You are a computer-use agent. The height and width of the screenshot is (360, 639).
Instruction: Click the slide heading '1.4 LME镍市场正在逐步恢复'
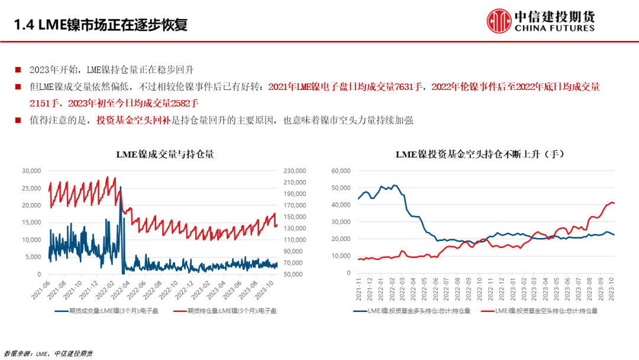coord(101,25)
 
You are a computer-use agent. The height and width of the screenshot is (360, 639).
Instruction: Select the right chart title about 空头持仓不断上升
coord(476,155)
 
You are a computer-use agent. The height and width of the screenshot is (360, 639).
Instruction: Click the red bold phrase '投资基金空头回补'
coord(133,120)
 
